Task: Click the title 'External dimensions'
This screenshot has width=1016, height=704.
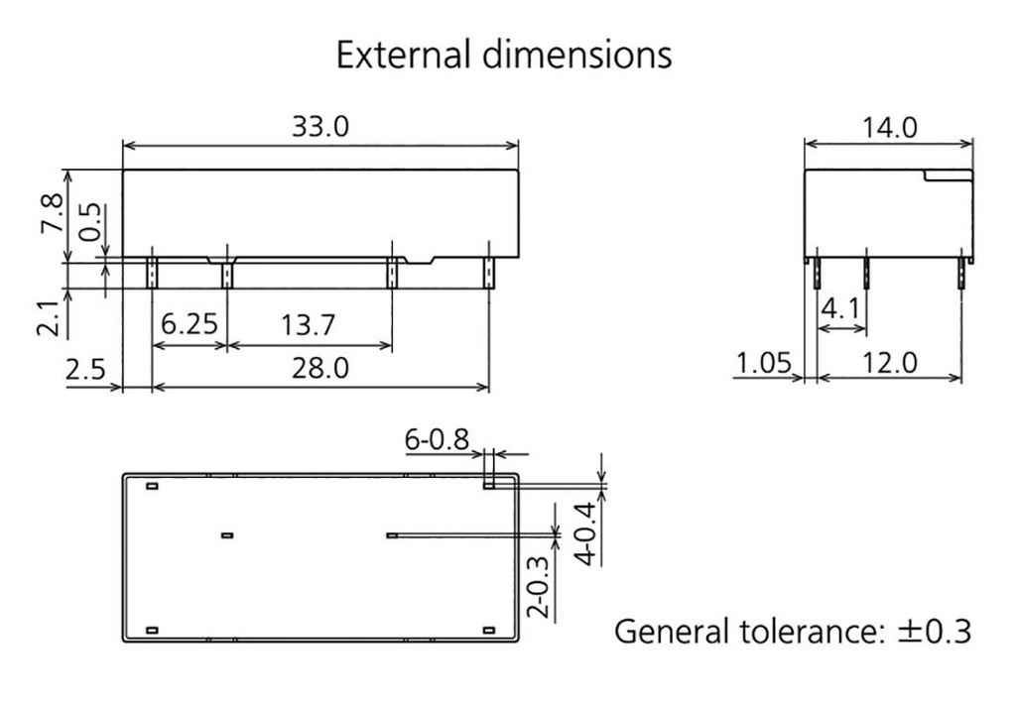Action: (x=503, y=55)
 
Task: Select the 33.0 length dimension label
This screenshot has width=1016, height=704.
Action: (x=319, y=127)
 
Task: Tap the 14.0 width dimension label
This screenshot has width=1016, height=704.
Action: (x=888, y=127)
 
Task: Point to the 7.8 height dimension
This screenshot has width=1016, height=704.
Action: (x=53, y=213)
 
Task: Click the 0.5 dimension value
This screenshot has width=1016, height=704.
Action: (x=90, y=223)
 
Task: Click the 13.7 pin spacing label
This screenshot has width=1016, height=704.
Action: (x=309, y=325)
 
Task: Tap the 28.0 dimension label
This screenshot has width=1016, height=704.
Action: (x=319, y=368)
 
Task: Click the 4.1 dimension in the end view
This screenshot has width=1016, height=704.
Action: (x=841, y=310)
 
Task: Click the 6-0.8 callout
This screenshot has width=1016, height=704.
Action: (x=437, y=437)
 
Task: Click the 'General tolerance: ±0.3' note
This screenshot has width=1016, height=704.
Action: (x=792, y=631)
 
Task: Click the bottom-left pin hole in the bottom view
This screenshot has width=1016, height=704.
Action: (x=152, y=631)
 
